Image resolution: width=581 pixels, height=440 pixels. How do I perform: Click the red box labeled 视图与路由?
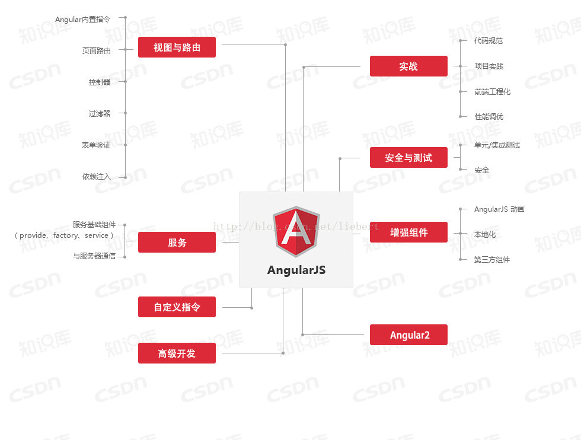[x=177, y=47]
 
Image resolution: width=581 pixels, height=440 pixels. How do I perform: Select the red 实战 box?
[x=408, y=66]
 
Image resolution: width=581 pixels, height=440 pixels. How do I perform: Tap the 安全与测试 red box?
[x=408, y=158]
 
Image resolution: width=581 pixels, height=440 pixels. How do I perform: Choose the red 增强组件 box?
[x=408, y=232]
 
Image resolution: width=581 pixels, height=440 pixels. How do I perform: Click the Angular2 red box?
[x=408, y=334]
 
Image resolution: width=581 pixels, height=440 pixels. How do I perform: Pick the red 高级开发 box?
[x=177, y=353]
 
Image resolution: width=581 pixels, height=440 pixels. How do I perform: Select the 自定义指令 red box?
[x=177, y=307]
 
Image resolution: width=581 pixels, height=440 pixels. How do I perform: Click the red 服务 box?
[x=177, y=242]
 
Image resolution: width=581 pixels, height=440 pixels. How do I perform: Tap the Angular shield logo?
[x=296, y=232]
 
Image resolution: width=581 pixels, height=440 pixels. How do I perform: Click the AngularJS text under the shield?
[x=296, y=270]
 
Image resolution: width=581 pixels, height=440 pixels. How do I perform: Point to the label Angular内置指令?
[x=82, y=20]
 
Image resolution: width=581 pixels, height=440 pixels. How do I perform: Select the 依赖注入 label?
[x=96, y=177]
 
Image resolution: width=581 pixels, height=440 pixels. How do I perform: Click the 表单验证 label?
[x=96, y=145]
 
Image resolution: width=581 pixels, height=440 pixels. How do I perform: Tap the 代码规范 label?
[x=489, y=41]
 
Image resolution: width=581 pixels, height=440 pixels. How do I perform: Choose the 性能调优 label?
[x=489, y=116]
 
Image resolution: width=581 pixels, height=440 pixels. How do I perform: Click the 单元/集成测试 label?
[x=497, y=145]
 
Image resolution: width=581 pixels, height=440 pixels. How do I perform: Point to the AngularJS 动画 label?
[x=499, y=209]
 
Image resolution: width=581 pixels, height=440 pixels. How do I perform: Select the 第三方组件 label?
[x=492, y=260]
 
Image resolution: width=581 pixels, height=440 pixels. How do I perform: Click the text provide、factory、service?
[x=64, y=235]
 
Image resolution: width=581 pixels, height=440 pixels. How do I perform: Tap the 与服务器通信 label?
[x=94, y=256]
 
